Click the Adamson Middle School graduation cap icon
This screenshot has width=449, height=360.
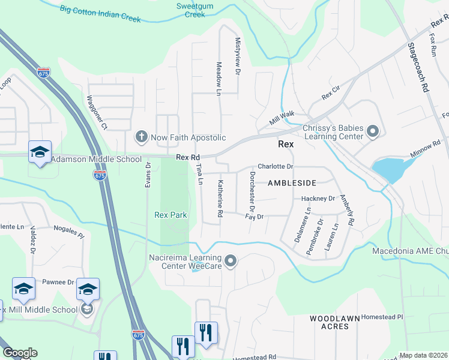coord(40,152)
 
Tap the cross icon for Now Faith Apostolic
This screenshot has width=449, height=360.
coord(142,137)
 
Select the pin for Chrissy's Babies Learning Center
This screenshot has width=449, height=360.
coord(372,130)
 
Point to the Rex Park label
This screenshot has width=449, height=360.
coord(170,215)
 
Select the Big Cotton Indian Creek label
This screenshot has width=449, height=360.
coord(100,14)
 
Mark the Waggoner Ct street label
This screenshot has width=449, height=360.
coord(97,113)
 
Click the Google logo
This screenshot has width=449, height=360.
coord(20,353)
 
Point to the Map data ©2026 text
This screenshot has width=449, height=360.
coord(424,355)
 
